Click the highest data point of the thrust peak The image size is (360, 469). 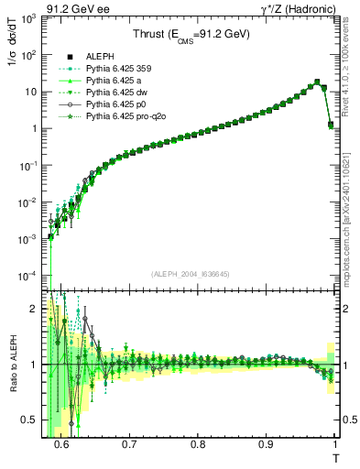point(317,82)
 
